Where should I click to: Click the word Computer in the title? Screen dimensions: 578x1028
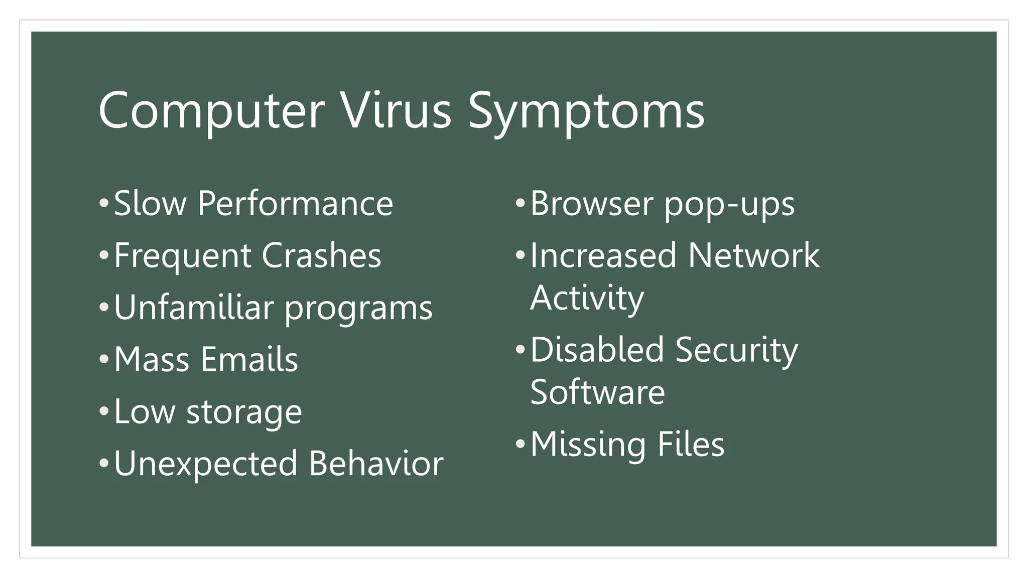[x=211, y=111]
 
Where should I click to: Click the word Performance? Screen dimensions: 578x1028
[x=295, y=204]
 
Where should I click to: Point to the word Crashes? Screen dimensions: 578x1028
[x=321, y=256]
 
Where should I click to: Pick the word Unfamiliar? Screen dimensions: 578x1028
[x=194, y=308]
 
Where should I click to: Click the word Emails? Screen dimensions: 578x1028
[x=249, y=360]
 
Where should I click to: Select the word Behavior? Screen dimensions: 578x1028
[x=376, y=464]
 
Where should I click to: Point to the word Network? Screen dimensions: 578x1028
[x=753, y=256]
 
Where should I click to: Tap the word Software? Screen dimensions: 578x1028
[x=597, y=393]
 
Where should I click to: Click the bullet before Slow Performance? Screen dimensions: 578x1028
[x=103, y=204]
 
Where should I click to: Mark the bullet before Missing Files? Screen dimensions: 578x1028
[x=520, y=444]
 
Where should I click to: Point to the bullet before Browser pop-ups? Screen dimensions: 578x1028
[x=520, y=204]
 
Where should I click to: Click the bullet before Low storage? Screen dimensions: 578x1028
[x=103, y=411]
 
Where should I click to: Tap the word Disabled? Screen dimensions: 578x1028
[x=597, y=350]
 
